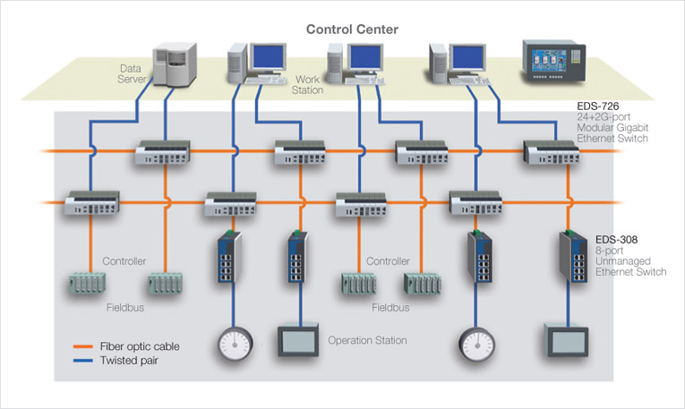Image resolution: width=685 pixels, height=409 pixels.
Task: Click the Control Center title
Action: [352, 29]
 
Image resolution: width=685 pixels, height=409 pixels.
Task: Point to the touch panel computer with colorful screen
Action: [553, 63]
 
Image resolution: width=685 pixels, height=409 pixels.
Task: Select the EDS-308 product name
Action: [617, 240]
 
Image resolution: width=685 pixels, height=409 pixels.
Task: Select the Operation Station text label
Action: [367, 340]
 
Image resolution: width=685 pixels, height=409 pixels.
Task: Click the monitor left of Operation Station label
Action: [298, 340]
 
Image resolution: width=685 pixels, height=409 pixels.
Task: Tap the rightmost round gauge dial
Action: [475, 343]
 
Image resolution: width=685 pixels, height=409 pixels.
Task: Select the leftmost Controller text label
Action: [125, 261]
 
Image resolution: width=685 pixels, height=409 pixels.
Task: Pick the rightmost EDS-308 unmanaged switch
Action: [571, 259]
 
